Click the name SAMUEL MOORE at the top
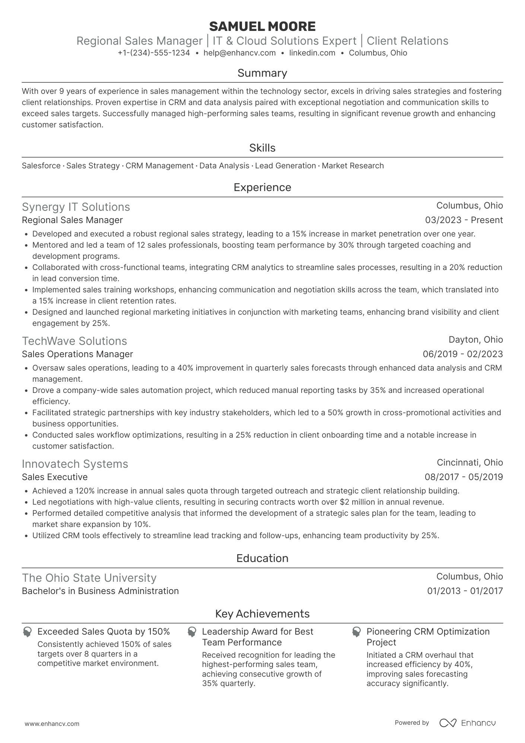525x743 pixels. tap(262, 26)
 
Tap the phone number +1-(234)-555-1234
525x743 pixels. tap(154, 53)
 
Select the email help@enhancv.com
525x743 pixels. tap(239, 53)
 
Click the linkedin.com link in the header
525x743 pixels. tap(312, 53)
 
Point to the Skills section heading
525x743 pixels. tap(262, 148)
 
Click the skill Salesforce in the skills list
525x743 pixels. tap(41, 166)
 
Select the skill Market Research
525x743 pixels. tap(353, 166)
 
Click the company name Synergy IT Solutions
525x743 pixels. tap(76, 207)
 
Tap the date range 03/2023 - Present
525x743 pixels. tap(464, 220)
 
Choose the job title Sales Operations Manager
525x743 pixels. tap(77, 354)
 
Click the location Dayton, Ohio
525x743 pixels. tap(475, 340)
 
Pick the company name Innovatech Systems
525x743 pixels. tap(75, 464)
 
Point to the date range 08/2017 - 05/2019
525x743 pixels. tap(464, 477)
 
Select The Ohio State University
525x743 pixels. tap(89, 578)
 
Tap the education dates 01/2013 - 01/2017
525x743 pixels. tap(465, 591)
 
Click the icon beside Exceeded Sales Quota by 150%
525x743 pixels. tap(27, 632)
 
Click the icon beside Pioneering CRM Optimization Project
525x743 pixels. tap(356, 632)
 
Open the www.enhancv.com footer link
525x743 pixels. tap(52, 724)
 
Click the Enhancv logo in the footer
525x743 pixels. tap(467, 723)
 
